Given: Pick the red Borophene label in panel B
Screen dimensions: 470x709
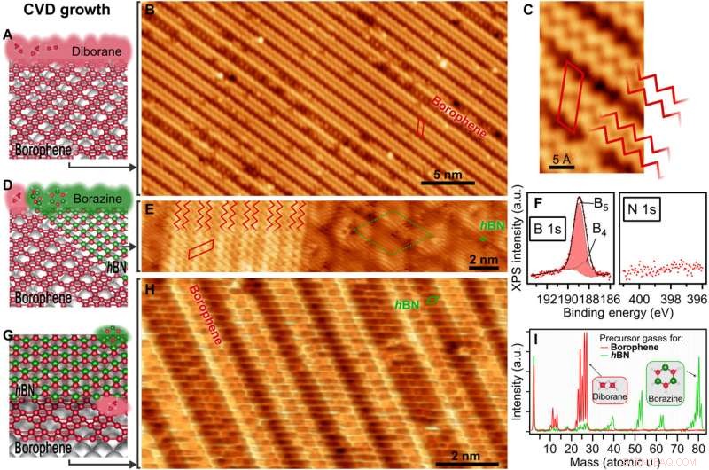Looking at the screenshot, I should coord(459,119).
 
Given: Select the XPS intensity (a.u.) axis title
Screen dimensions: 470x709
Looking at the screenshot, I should coord(519,239).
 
